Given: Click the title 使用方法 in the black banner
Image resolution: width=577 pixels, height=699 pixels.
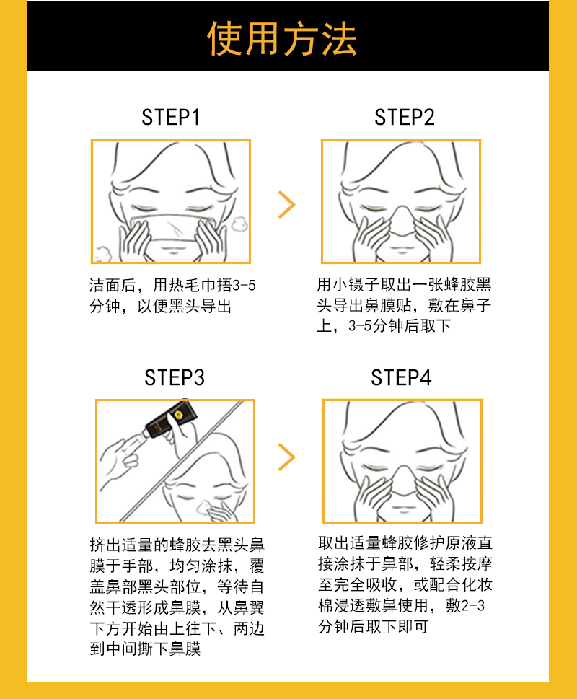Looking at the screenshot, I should (x=282, y=38).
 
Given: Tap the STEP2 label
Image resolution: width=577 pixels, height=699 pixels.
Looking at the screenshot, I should (x=405, y=118).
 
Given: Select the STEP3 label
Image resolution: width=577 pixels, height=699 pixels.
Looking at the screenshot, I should (x=174, y=377).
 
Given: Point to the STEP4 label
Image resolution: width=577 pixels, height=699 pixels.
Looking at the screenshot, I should (x=401, y=377).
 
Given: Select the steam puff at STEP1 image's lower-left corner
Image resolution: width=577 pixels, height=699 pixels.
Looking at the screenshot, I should (x=102, y=252).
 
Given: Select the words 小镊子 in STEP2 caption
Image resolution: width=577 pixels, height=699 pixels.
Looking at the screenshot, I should (x=356, y=285).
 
